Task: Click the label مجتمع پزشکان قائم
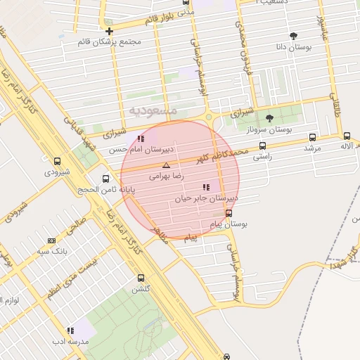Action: point(110,42)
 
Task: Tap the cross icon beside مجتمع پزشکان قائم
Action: point(109,31)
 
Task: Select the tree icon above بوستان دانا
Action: point(293,36)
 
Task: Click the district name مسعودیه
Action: point(159,111)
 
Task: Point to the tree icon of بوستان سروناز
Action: point(270,118)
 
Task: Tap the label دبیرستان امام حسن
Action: point(138,150)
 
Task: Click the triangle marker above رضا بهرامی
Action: point(167,165)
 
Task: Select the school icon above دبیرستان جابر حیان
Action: point(206,187)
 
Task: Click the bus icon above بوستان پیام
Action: point(229,213)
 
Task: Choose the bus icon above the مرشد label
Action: point(312,137)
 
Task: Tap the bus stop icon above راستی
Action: point(262,146)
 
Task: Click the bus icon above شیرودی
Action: point(57,161)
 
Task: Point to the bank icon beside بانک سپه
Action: point(51,240)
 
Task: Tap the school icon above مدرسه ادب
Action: point(70,330)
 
